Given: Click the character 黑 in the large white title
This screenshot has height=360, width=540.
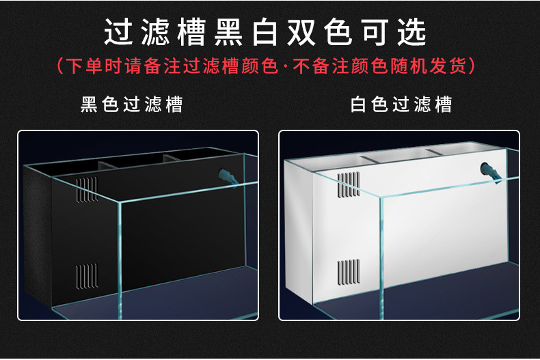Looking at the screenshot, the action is pyautogui.click(x=228, y=32).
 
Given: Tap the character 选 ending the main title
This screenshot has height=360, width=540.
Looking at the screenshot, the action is pyautogui.click(x=412, y=32).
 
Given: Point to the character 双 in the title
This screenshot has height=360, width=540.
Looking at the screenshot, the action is pyautogui.click(x=301, y=32).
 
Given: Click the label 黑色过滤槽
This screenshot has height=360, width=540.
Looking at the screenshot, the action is pyautogui.click(x=131, y=105).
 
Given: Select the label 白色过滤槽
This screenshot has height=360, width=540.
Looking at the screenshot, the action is pyautogui.click(x=401, y=105).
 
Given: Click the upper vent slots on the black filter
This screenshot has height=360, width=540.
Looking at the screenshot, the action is pyautogui.click(x=87, y=190).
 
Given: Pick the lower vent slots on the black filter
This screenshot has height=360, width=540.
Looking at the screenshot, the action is pyautogui.click(x=87, y=276).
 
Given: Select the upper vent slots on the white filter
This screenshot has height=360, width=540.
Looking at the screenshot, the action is pyautogui.click(x=349, y=185).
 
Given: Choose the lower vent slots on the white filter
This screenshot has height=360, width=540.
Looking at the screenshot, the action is pyautogui.click(x=349, y=273).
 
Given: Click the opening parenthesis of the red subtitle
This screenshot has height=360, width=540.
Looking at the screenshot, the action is pyautogui.click(x=59, y=66).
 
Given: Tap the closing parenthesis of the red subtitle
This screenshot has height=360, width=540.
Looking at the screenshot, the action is pyautogui.click(x=472, y=66).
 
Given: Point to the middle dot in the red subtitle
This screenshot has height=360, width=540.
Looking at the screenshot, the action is pyautogui.click(x=285, y=66).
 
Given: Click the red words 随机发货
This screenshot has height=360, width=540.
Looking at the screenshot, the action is pyautogui.click(x=428, y=66).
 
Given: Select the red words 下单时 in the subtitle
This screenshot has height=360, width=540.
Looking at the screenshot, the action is pyautogui.click(x=94, y=66).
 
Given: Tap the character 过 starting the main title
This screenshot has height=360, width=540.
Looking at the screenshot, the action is pyautogui.click(x=118, y=32).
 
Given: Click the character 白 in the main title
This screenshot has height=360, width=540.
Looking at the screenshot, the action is pyautogui.click(x=265, y=32).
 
